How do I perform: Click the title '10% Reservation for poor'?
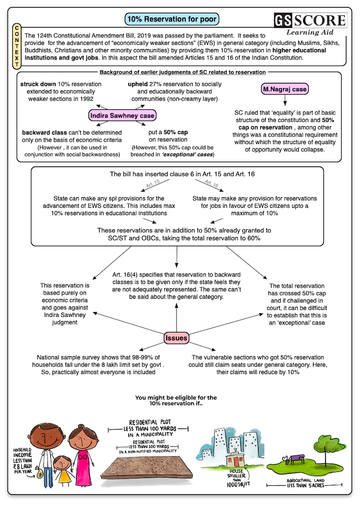(172, 19)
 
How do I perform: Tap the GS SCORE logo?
(310, 20)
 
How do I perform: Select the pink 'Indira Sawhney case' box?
(122, 115)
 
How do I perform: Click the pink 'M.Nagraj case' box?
(285, 89)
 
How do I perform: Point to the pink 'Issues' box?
(176, 338)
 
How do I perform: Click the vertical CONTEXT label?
(17, 46)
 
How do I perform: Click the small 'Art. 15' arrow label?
(153, 184)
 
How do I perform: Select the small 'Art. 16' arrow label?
(212, 184)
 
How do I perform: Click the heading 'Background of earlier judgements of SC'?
(183, 72)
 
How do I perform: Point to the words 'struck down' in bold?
(38, 84)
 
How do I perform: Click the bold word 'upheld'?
(138, 84)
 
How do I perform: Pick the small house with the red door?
(236, 460)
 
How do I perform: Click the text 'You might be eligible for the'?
(176, 398)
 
